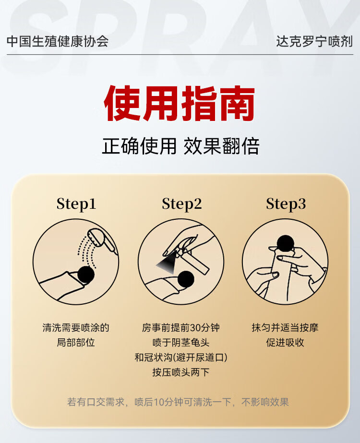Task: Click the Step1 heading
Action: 76,204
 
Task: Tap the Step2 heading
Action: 182,204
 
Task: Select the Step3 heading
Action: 286,204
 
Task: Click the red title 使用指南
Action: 180,103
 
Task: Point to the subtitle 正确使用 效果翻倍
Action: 180,146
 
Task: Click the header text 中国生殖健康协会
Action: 58,41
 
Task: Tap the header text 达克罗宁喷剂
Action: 314,41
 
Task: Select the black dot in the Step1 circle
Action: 86,275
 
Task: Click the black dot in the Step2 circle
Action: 186,279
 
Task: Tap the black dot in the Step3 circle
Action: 286,243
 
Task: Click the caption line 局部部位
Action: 76,342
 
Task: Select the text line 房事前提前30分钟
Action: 181,328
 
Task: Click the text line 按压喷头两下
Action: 181,372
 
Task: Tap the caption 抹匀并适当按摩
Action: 285,328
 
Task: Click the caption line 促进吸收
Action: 285,342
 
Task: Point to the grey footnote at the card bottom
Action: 178,402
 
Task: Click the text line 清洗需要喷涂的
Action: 76,328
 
